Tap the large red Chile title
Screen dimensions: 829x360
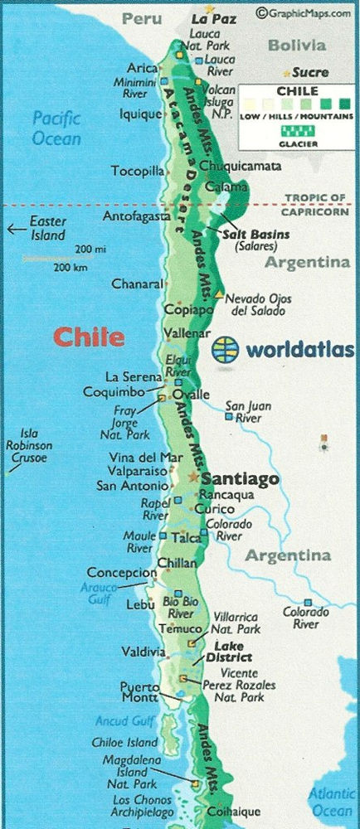tap(90, 337)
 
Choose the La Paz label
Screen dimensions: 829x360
tap(213, 17)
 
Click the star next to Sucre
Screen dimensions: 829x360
tap(288, 73)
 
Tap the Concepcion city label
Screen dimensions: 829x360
tap(121, 573)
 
